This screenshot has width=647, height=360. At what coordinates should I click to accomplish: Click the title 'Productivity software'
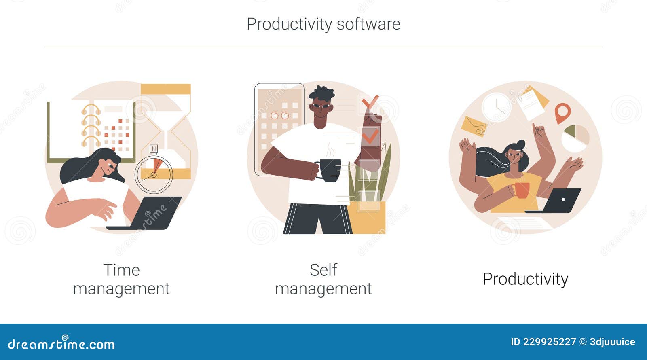point(323,24)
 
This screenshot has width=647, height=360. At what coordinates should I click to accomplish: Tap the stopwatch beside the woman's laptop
point(154,174)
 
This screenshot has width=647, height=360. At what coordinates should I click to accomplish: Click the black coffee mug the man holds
point(330,170)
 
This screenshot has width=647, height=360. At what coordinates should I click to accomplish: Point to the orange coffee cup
point(522,190)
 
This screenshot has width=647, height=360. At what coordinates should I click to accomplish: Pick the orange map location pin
point(562,112)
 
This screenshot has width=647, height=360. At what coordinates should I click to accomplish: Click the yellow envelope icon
point(474,126)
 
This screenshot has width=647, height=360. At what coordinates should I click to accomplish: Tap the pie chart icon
point(575,138)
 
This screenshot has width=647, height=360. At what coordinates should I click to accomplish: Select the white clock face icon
point(496,107)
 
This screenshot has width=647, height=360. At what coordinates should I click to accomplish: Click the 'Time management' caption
point(121,279)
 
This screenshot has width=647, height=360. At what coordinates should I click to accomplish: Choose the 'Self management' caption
point(323,279)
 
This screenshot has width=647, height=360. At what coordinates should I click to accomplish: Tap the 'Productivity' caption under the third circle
point(525,279)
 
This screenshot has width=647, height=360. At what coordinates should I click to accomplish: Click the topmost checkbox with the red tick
point(368,104)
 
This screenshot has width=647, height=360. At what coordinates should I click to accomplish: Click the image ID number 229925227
point(549,342)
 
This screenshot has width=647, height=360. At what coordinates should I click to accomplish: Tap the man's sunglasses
point(322,106)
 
